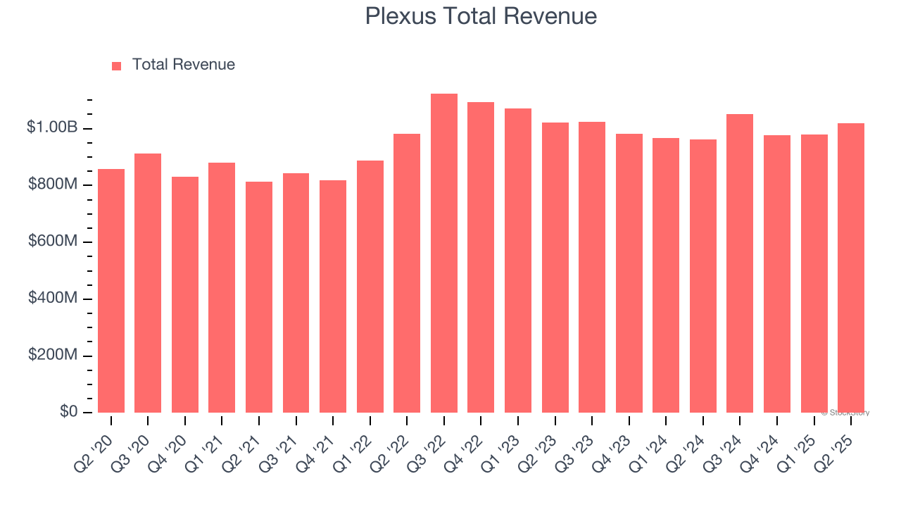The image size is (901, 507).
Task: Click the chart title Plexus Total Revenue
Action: (481, 16)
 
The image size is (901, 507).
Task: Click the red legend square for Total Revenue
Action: (116, 65)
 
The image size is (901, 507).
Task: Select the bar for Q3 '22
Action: (443, 254)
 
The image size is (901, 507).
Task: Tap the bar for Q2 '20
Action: (111, 290)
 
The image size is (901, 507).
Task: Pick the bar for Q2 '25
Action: (851, 268)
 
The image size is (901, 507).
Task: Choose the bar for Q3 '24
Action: (740, 263)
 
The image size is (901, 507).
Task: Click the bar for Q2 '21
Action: (259, 297)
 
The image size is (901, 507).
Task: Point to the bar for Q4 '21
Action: (333, 296)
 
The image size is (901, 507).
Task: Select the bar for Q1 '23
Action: (518, 261)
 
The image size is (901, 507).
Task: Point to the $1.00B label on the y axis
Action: (52, 127)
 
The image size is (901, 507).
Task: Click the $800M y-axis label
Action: (53, 184)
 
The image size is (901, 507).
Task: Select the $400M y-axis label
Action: (53, 298)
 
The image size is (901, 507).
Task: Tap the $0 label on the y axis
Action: (68, 412)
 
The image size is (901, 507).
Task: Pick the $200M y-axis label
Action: (53, 355)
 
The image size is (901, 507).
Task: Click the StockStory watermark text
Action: (845, 413)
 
